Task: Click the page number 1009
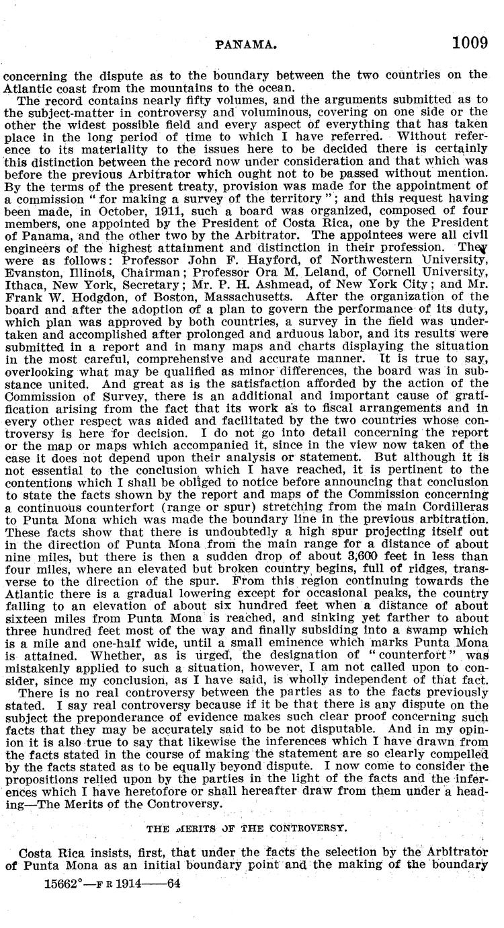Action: point(469,44)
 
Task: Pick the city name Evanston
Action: point(35,247)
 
